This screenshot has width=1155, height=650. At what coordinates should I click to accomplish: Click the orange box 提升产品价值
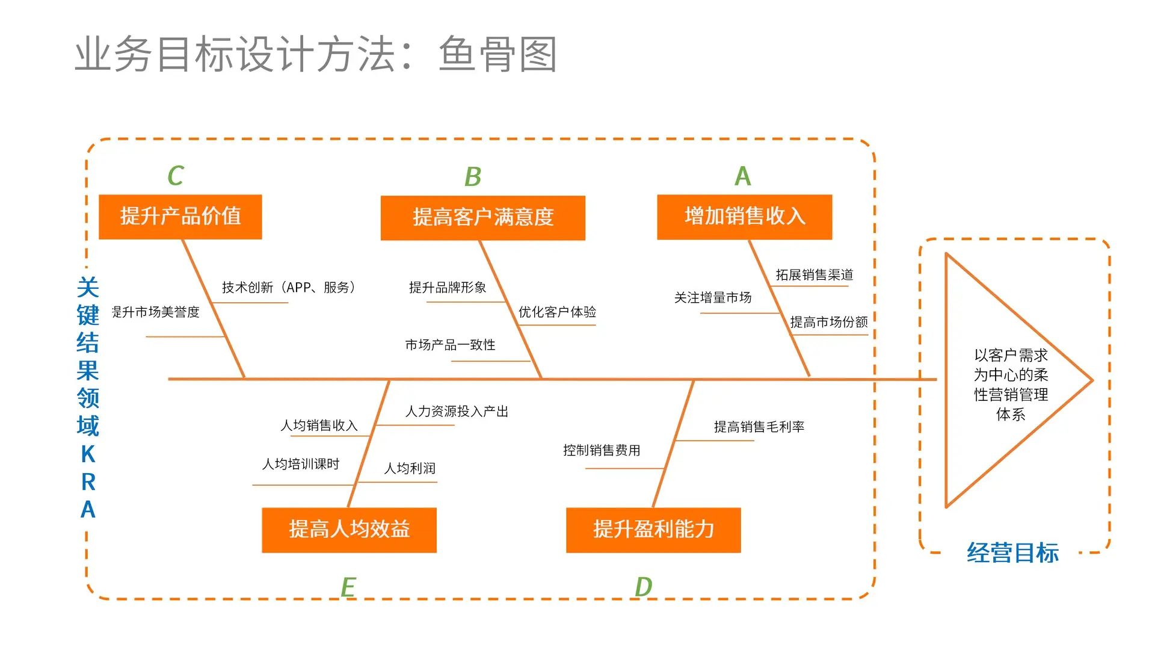(x=180, y=217)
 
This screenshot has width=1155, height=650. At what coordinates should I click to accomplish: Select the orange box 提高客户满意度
(x=482, y=218)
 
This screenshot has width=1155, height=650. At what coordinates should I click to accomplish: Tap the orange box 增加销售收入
(x=744, y=217)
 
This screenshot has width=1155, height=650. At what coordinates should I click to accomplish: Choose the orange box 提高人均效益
(x=349, y=530)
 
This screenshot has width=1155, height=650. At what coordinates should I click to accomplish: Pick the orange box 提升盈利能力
(x=653, y=530)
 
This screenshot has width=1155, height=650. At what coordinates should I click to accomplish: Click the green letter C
(x=175, y=176)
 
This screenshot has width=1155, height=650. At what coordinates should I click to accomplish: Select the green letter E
(x=348, y=587)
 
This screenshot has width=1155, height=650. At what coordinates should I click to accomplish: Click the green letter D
(x=643, y=587)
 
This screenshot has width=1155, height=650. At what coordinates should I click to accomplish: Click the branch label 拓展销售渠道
(x=814, y=275)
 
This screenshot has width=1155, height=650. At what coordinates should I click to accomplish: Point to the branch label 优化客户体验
(x=557, y=312)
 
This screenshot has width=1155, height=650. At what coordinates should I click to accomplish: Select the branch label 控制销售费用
(x=602, y=450)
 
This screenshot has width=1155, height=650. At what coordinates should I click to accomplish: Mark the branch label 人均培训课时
(x=301, y=464)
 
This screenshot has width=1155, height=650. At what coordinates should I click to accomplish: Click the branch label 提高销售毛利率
(x=759, y=427)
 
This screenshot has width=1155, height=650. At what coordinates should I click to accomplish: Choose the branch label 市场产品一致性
(x=450, y=345)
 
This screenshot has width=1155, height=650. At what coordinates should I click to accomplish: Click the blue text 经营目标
(x=1012, y=553)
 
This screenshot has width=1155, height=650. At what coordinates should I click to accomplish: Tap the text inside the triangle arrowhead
(x=1011, y=385)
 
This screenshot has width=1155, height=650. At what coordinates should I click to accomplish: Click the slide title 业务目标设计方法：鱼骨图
(x=316, y=54)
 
